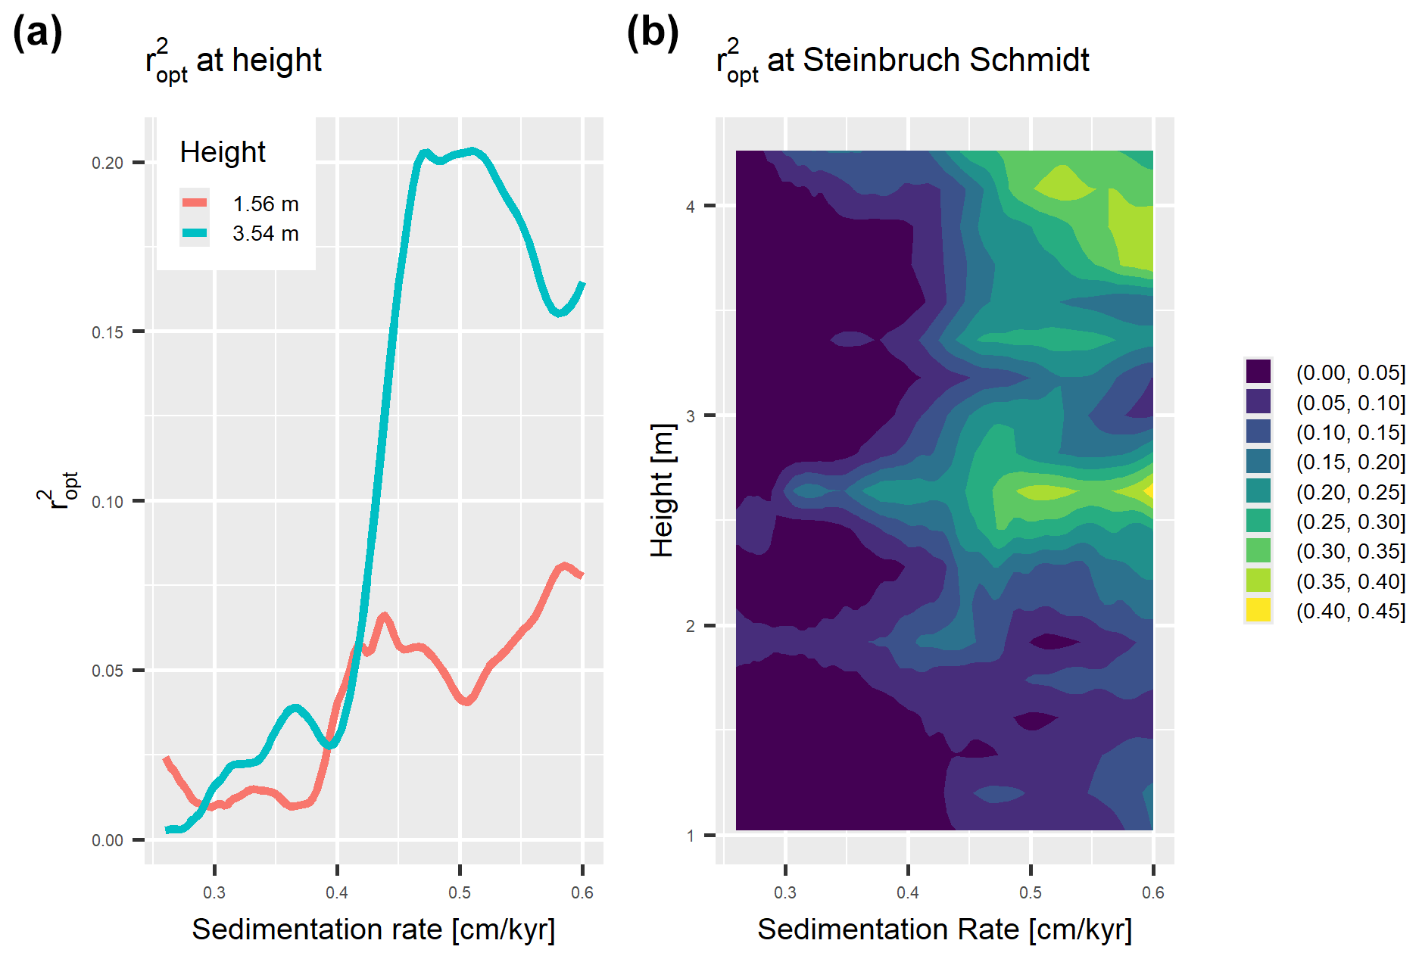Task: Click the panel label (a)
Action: coord(37,34)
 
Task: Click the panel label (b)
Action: coord(652,34)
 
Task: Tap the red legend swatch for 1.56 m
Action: coord(195,203)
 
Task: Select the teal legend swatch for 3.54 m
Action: coord(195,233)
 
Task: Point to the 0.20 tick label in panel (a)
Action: coord(107,163)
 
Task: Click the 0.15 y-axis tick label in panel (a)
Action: coord(107,333)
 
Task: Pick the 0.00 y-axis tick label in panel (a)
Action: coord(107,841)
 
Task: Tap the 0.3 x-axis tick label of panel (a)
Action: coord(214,893)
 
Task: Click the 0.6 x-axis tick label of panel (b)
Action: coord(1152,893)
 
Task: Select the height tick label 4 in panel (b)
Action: coord(690,207)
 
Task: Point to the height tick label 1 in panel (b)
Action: coord(690,836)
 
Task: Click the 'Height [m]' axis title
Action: coord(662,490)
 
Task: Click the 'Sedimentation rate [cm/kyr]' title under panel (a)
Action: coord(373,929)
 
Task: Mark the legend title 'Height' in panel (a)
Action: coord(223,152)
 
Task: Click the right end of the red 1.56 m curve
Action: coord(582,575)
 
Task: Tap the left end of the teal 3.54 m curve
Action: coord(167,830)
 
